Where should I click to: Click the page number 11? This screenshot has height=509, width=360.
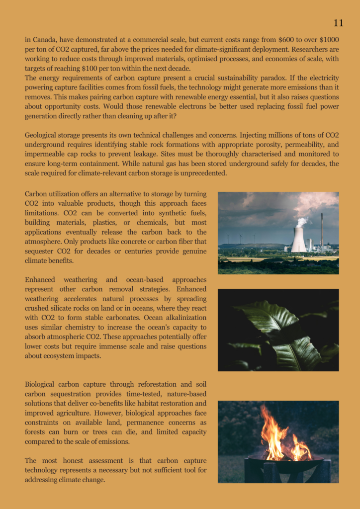coord(338,23)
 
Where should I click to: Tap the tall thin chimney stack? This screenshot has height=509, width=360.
coord(322,232)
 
